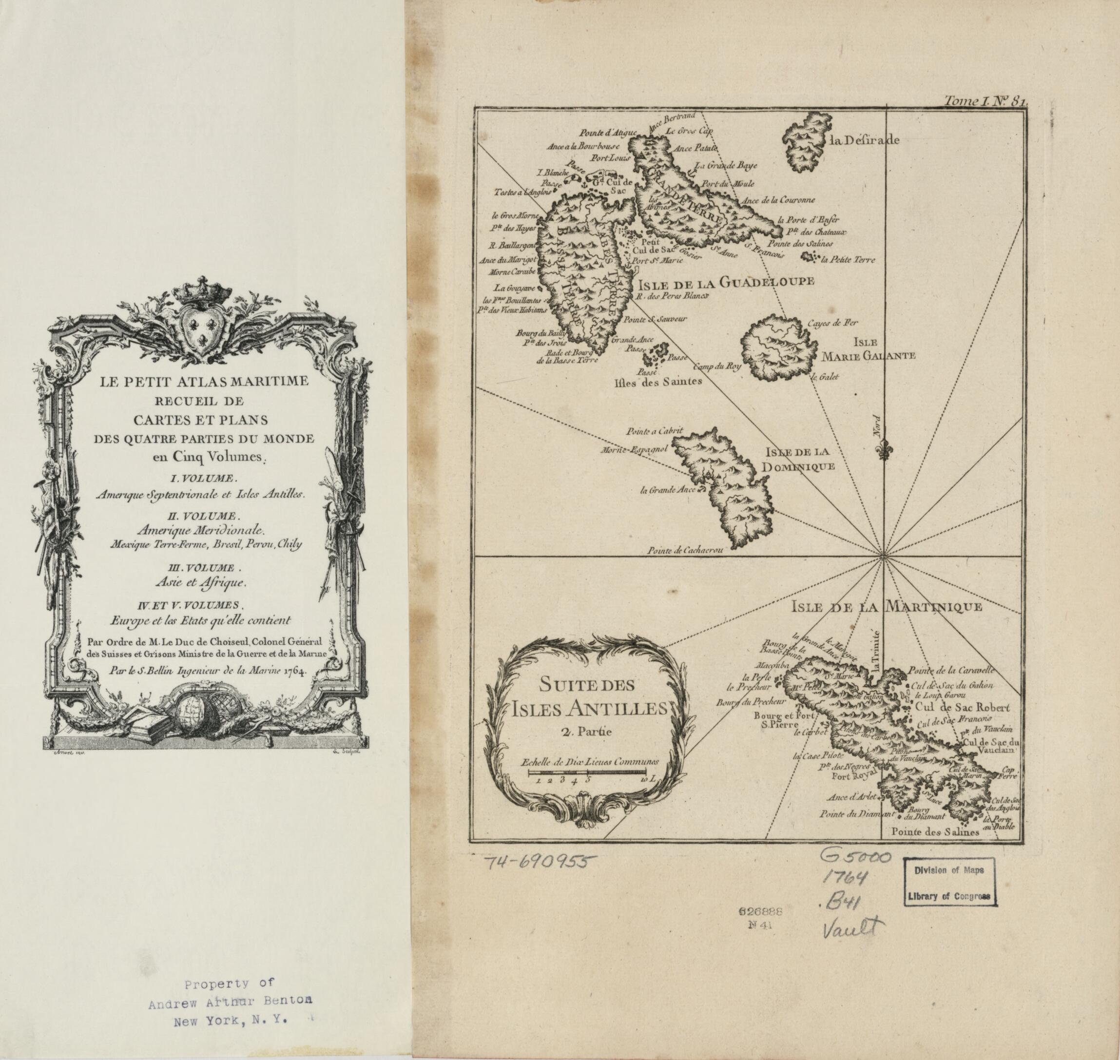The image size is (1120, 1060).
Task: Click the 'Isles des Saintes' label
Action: pos(658,382)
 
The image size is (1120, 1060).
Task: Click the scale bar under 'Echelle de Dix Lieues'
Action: pos(588,771)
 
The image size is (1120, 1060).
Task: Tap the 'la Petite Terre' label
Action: pos(848,260)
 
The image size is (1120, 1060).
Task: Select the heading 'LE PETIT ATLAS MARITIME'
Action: pos(204,382)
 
